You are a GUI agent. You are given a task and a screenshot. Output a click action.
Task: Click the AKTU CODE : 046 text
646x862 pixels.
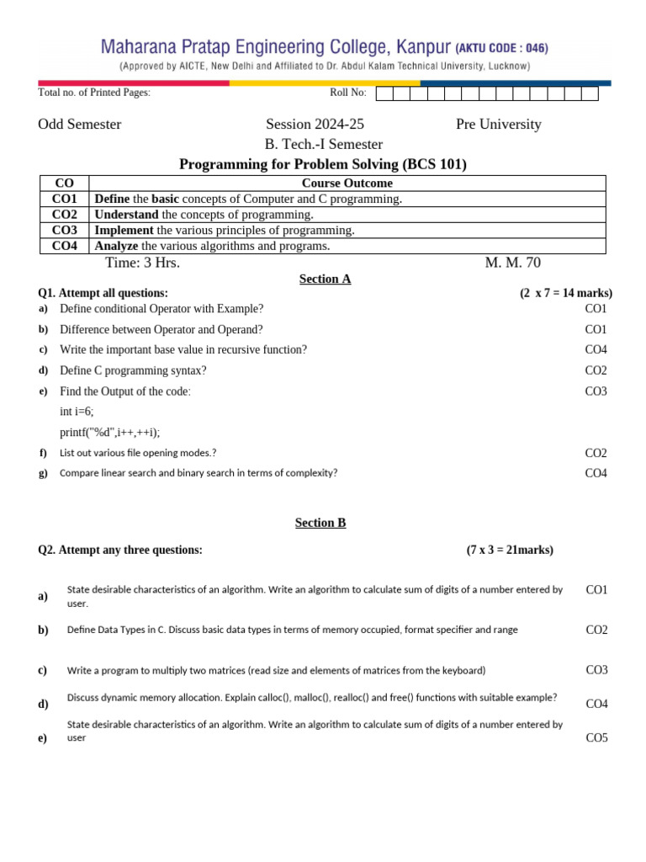coord(503,48)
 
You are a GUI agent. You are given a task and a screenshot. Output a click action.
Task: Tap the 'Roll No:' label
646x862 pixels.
coord(348,93)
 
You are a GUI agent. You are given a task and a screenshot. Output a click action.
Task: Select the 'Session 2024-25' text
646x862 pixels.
coord(315,125)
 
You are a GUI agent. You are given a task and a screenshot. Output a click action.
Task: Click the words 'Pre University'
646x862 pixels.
coord(498,125)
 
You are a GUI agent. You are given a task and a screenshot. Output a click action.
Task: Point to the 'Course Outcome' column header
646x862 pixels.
coord(347,183)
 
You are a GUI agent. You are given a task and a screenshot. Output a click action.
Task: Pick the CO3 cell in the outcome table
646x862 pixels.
coord(65,230)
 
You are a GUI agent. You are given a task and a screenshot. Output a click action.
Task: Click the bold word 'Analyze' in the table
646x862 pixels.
coord(116,246)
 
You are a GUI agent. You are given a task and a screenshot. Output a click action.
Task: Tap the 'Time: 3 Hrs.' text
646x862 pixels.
coord(142,263)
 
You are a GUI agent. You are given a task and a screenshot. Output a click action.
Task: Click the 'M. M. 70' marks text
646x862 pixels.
coord(512,263)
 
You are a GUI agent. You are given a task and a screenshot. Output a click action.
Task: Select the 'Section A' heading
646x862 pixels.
coord(325,279)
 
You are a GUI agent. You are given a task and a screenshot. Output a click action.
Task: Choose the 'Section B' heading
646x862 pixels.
coord(320,523)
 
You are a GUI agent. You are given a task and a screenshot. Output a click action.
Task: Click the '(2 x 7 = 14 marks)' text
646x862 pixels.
coord(565,293)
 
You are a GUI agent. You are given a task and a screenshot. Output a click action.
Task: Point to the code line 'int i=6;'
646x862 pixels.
coord(77,412)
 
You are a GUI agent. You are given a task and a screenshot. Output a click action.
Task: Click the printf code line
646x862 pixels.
coord(109,432)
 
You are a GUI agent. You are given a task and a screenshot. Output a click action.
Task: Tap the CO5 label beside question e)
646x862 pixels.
coord(596,738)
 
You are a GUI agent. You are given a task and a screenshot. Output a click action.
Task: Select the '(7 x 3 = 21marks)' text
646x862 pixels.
coord(510,550)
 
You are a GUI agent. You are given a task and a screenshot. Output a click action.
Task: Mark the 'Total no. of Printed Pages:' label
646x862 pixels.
coord(94,93)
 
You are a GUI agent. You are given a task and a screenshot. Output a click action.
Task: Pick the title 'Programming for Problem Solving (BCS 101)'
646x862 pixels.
coord(323,164)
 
